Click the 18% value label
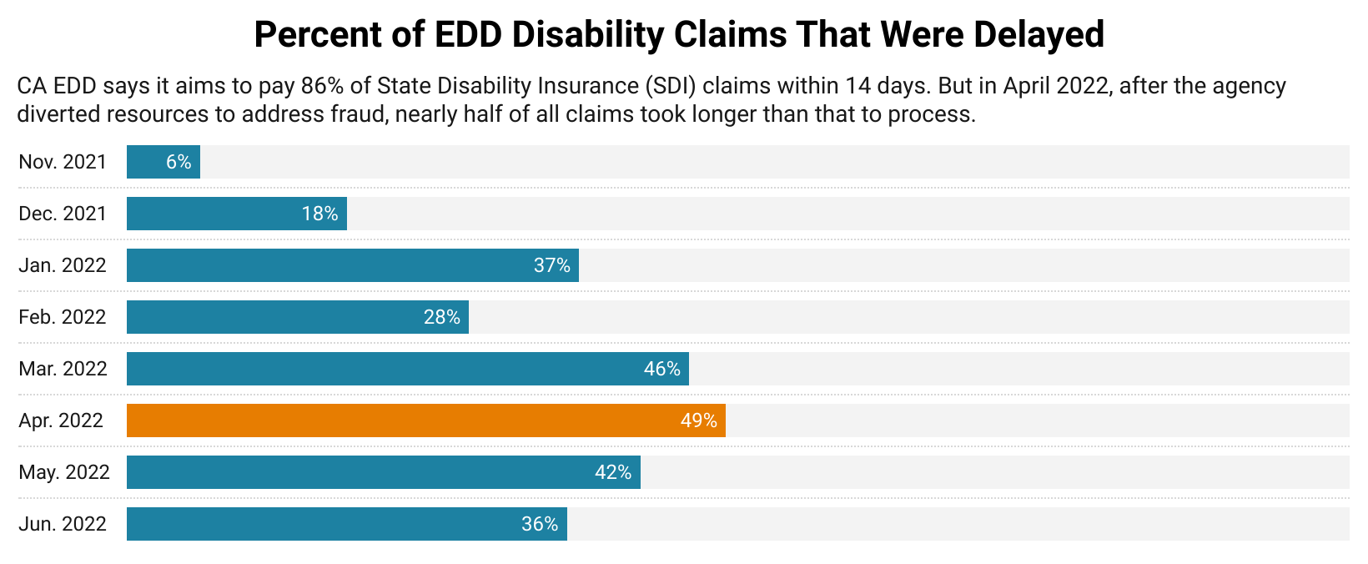(319, 214)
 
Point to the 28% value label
(442, 317)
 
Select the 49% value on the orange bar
(698, 420)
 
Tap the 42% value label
(613, 472)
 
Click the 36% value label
(540, 524)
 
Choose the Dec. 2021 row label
(63, 214)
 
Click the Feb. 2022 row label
(63, 317)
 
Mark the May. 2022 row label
(64, 472)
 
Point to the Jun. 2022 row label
(63, 524)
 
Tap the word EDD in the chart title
(469, 35)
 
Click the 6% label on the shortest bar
(179, 162)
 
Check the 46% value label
(662, 369)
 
